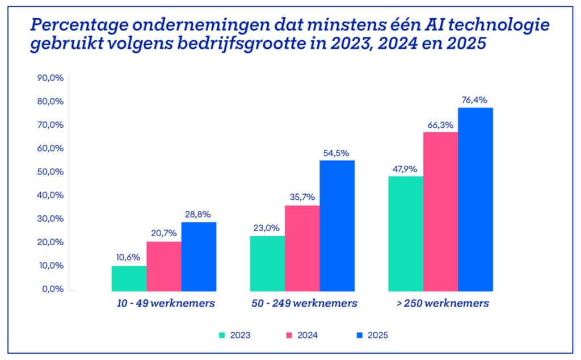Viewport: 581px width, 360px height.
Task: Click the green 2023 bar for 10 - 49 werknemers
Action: click(x=129, y=278)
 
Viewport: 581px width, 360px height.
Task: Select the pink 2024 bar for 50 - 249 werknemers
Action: click(x=302, y=248)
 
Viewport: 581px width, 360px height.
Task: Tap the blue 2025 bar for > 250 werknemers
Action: click(x=475, y=199)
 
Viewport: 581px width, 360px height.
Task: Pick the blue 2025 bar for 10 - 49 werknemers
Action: click(x=199, y=256)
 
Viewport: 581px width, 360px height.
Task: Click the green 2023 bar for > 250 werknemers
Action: click(x=406, y=233)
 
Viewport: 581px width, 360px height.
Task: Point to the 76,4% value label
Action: click(x=475, y=101)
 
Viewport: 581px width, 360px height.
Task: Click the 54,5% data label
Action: click(x=337, y=153)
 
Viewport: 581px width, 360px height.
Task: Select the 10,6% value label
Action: click(x=129, y=258)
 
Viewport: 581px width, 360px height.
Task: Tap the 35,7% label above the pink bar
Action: click(x=302, y=197)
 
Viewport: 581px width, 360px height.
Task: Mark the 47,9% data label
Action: click(x=406, y=169)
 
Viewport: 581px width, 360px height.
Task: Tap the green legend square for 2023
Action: click(x=222, y=336)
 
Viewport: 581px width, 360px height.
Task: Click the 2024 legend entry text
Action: click(x=307, y=336)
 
